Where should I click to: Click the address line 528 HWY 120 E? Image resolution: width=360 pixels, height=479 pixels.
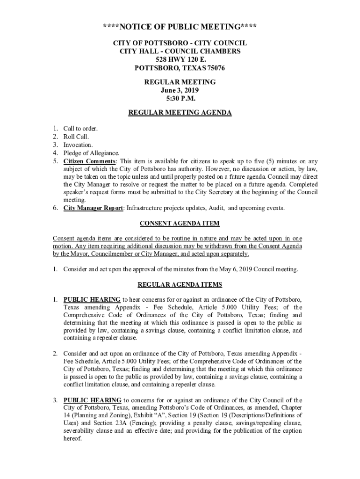click(180, 59)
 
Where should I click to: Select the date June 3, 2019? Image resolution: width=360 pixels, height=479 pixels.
click(180, 90)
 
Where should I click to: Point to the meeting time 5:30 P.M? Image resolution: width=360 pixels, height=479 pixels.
click(180, 99)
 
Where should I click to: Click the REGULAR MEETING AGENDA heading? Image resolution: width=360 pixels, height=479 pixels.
click(180, 113)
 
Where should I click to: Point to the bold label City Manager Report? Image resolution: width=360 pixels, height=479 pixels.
click(93, 208)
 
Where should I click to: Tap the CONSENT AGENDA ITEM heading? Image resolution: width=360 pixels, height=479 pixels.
click(180, 224)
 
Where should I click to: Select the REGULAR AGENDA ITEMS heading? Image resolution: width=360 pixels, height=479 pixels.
click(180, 284)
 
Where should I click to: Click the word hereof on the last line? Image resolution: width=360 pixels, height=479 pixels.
click(72, 439)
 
